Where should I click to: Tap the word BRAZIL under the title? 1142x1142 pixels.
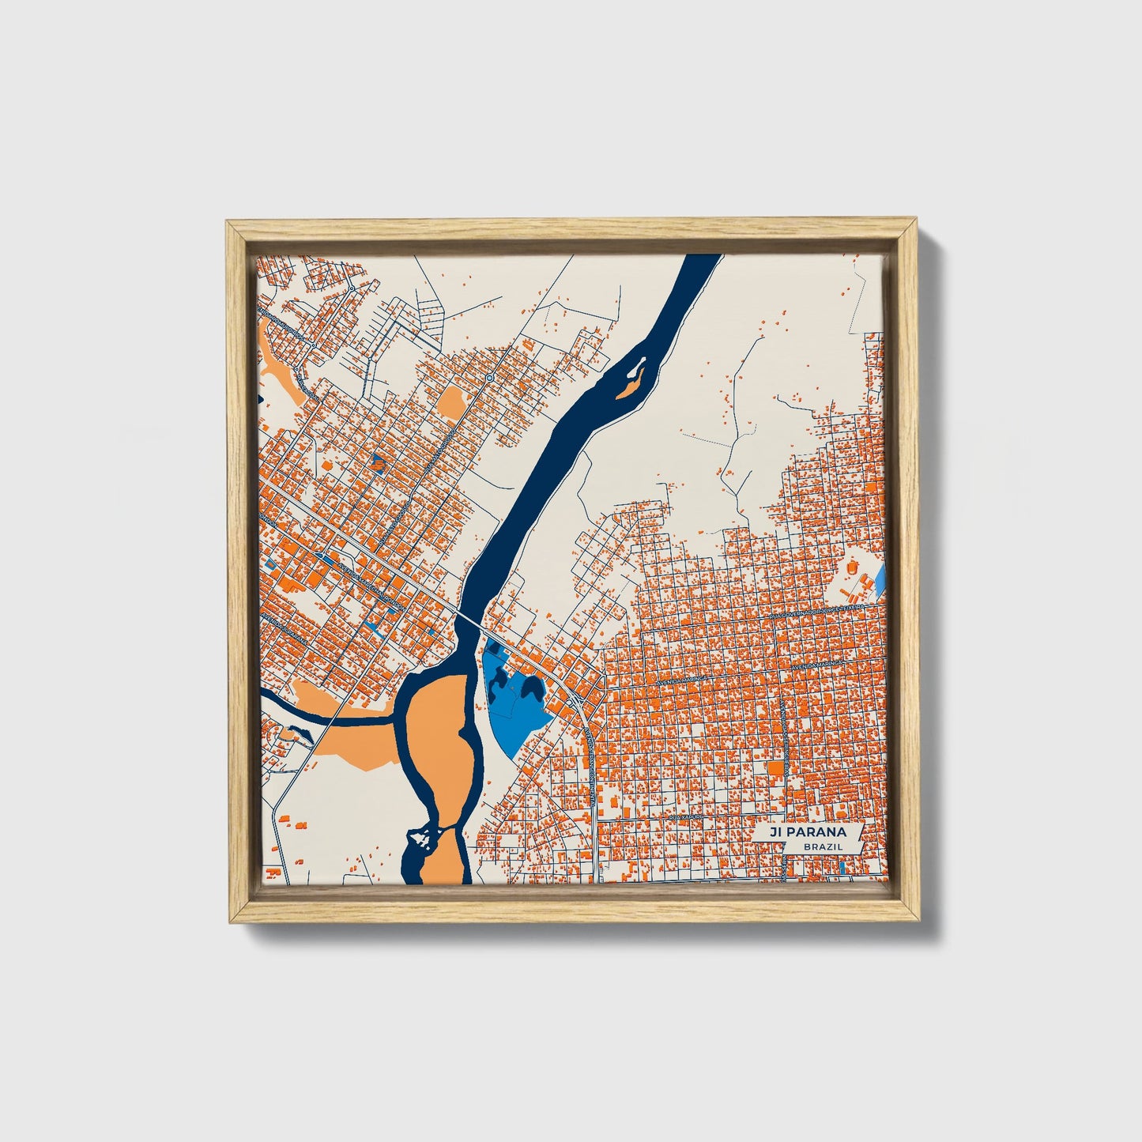(821, 846)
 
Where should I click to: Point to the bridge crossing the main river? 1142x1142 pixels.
(473, 621)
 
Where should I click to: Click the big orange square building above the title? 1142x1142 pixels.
(776, 768)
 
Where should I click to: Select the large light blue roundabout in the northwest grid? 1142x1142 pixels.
(490, 379)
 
